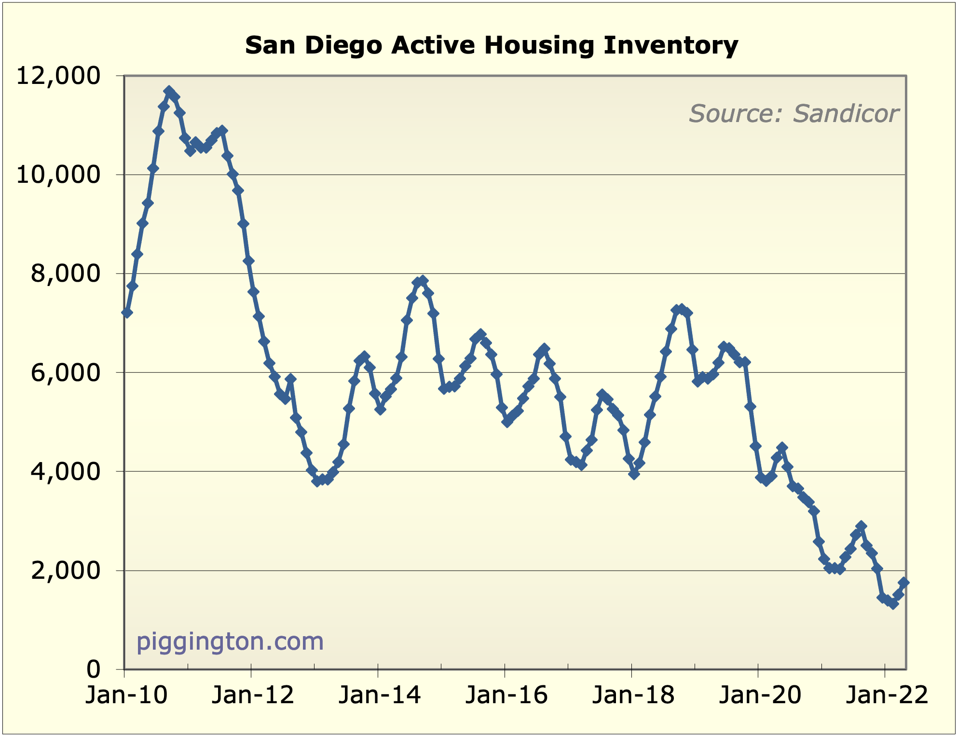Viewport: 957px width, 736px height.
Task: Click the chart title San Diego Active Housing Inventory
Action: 492,45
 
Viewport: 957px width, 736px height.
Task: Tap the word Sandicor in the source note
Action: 846,114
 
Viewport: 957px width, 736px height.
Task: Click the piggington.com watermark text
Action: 230,642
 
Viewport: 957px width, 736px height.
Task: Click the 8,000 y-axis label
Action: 66,273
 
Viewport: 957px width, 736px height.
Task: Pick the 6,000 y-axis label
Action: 66,372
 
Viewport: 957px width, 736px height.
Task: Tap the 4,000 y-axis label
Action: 66,471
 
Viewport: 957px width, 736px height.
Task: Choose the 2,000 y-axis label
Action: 66,571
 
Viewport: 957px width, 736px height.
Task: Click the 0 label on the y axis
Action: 94,669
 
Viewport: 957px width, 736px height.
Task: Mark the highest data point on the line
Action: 169,91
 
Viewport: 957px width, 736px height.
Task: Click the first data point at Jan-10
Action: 127,313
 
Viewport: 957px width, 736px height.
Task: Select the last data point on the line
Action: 904,583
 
